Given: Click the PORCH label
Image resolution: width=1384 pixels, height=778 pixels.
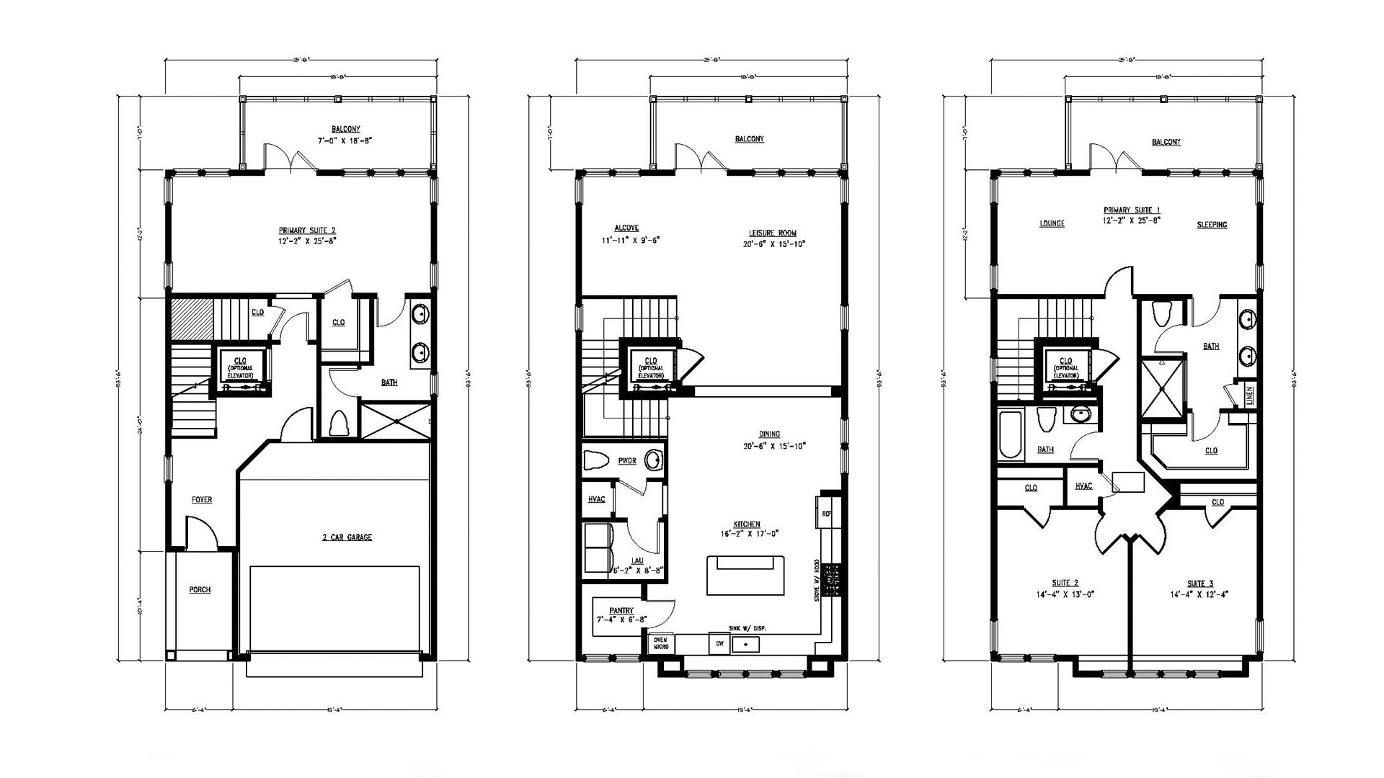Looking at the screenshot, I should tap(200, 590).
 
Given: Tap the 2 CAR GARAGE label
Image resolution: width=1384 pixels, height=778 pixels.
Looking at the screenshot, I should tap(347, 537).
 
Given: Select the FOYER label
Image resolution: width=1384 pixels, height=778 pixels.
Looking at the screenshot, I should tap(202, 500).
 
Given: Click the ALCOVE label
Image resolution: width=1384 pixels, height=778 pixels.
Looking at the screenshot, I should tap(626, 228).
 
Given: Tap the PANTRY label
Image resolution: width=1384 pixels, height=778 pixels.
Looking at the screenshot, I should tap(621, 610).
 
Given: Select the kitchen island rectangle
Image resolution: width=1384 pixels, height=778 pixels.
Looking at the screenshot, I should tap(745, 575).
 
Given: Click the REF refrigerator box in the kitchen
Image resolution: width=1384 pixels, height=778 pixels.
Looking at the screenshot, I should tap(827, 514).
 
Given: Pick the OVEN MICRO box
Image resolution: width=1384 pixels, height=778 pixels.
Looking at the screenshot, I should tap(661, 643).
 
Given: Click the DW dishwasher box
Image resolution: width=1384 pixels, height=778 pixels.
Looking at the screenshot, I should tap(718, 643).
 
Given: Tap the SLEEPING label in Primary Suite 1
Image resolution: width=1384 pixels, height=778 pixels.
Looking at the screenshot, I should tap(1212, 225).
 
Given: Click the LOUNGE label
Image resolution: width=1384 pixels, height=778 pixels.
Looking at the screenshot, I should tap(1052, 224).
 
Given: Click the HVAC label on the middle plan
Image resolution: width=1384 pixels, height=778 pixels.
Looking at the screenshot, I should tap(596, 499).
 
